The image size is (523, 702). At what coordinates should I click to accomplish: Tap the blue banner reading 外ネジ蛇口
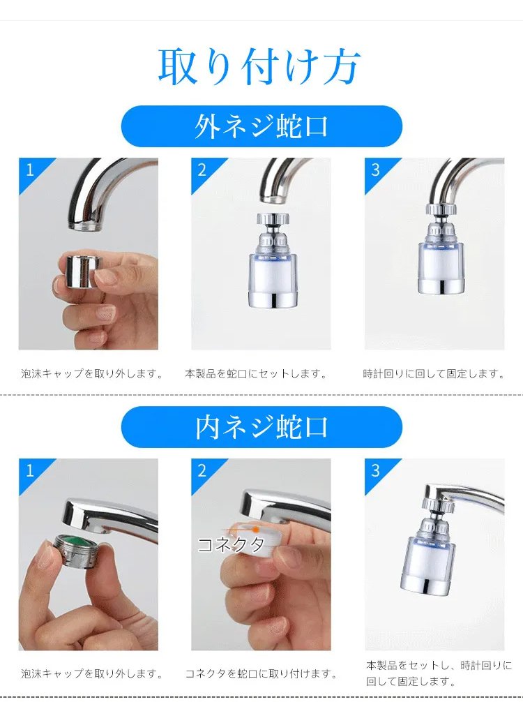click(x=261, y=126)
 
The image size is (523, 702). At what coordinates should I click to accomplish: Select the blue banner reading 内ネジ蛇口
click(x=261, y=427)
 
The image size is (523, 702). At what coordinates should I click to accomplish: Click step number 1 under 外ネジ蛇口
click(x=30, y=170)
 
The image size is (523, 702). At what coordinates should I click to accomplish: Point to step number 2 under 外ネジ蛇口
click(x=202, y=170)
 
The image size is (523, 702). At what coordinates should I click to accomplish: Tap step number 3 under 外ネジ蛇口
click(x=375, y=170)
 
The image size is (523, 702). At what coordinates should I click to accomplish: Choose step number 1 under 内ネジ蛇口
click(x=30, y=470)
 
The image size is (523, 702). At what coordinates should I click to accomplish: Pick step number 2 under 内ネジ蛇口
click(x=202, y=470)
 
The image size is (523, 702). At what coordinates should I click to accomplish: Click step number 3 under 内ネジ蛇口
click(x=375, y=470)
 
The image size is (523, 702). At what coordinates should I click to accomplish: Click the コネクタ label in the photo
click(x=232, y=544)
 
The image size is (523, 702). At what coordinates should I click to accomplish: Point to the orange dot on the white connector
click(x=256, y=530)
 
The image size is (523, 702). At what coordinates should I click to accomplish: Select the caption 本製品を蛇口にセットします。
click(x=255, y=373)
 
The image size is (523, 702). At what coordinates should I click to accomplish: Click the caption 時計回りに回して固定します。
click(x=434, y=373)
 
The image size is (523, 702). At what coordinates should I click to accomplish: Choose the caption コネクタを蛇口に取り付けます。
click(x=261, y=673)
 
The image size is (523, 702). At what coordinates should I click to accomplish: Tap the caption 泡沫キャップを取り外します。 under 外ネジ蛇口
click(x=92, y=373)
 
